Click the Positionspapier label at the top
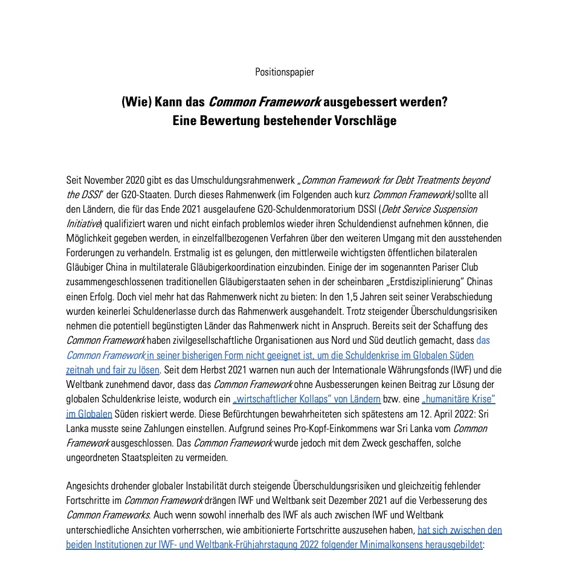point(284,72)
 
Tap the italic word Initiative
point(84,224)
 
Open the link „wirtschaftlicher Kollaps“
point(307,399)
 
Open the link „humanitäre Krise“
point(459,399)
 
